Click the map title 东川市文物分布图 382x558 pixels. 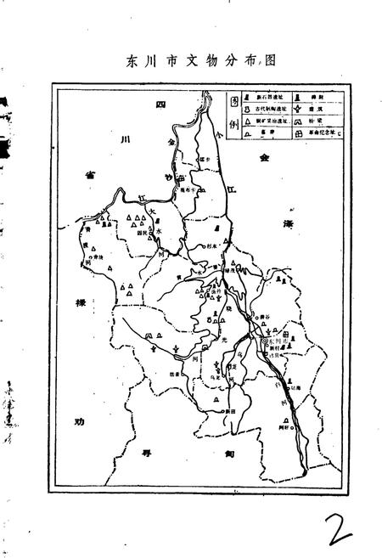coord(190,60)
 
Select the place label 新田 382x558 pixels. coord(229,410)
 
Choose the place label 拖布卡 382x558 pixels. coord(187,192)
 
